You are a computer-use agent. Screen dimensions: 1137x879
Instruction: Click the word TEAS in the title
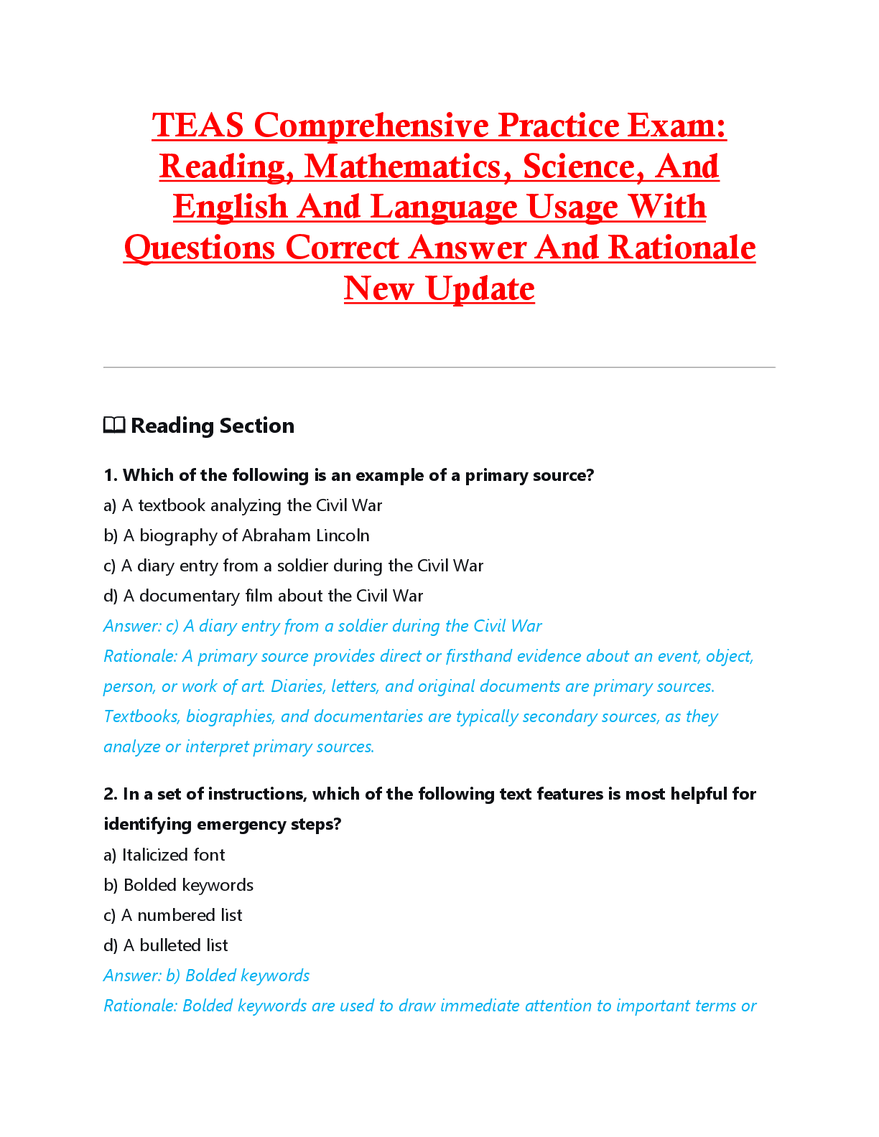point(198,126)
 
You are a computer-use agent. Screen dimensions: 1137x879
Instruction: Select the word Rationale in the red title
point(682,248)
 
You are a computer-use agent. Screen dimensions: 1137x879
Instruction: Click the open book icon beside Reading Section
point(114,426)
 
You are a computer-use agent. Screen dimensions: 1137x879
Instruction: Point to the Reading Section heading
point(212,426)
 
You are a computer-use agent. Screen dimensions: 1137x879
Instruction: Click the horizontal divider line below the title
point(439,368)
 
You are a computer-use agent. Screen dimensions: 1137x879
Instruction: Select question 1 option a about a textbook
point(243,505)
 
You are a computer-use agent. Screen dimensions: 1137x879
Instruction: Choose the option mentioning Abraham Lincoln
point(236,535)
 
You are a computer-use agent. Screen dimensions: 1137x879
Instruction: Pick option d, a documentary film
point(263,596)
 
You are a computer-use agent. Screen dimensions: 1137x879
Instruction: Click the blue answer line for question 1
point(322,626)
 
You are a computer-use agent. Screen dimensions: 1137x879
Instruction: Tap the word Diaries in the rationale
point(296,686)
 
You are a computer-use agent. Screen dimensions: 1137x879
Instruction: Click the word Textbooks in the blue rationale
point(141,716)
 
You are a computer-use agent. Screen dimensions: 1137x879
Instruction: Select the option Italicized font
point(164,855)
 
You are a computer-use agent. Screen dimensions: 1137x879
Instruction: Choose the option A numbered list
point(173,915)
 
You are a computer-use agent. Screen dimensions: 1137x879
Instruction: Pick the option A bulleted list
point(166,945)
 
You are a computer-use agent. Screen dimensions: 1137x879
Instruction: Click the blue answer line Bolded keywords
point(207,975)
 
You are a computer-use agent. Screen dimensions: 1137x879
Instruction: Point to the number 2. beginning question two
point(111,794)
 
